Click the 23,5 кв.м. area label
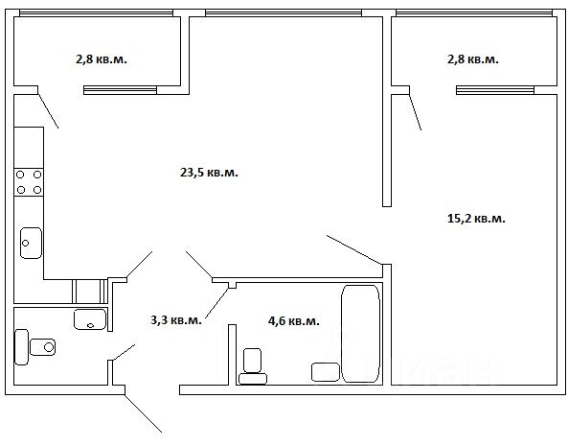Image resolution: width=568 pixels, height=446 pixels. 209,173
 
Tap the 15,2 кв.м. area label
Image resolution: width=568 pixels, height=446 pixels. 476,219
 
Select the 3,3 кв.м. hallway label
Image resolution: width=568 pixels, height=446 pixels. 175,320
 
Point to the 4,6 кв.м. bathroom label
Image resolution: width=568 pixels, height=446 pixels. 294,321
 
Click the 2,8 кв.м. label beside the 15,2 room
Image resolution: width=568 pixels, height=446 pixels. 473,59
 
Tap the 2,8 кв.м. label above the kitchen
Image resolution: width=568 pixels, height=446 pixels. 102,59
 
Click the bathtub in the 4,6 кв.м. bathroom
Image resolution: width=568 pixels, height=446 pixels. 360,334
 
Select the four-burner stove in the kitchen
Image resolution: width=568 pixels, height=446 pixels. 29,182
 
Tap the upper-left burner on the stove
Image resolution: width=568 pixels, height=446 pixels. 20,175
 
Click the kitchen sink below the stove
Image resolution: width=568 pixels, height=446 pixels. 31,243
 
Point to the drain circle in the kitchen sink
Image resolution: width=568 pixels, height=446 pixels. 25,243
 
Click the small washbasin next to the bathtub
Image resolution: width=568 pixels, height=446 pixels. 326,372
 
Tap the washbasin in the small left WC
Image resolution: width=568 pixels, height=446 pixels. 90,319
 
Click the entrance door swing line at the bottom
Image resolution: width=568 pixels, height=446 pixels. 143,413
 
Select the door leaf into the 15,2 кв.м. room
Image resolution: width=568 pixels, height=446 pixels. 353,249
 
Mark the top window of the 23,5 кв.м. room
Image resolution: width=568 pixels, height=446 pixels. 284,13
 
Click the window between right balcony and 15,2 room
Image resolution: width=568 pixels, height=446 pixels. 495,90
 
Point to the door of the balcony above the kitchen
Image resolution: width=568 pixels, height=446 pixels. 48,111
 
